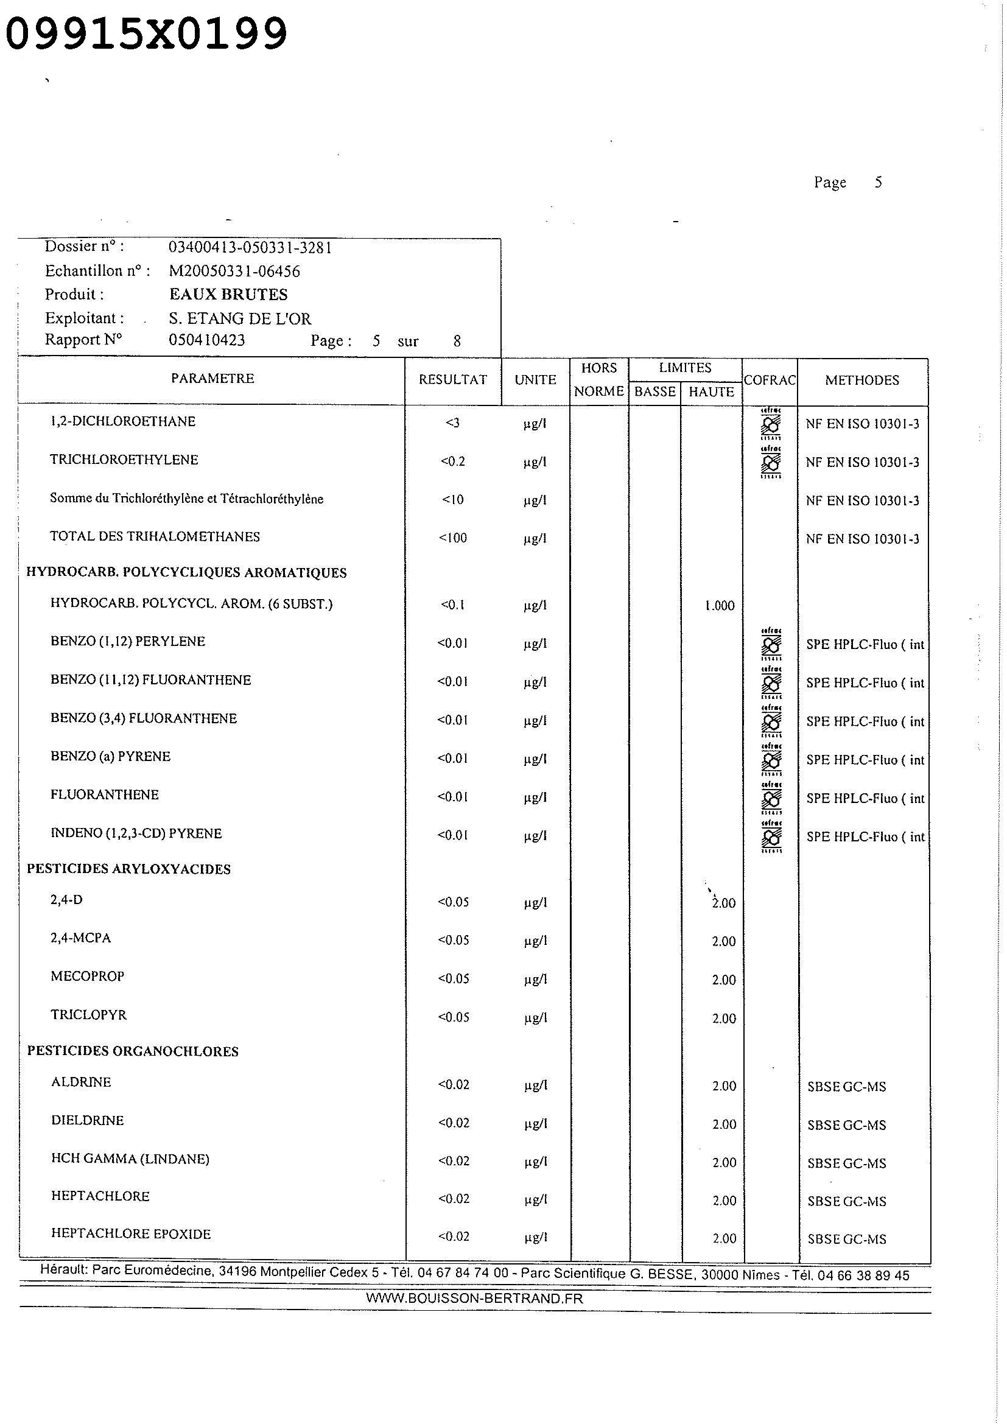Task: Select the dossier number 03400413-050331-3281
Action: (x=250, y=247)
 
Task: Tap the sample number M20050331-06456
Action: (x=234, y=271)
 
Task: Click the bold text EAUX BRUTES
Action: (x=228, y=294)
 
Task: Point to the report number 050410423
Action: (x=206, y=340)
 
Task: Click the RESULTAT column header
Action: (x=452, y=379)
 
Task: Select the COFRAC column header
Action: (x=769, y=380)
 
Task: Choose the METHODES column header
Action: (x=861, y=380)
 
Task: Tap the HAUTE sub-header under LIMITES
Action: (x=711, y=392)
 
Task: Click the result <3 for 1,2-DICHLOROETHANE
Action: (x=452, y=423)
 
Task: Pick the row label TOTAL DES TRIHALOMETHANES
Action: (x=155, y=536)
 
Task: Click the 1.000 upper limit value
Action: (x=719, y=605)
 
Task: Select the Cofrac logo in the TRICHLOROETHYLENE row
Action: (x=771, y=462)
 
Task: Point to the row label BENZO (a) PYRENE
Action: (x=110, y=756)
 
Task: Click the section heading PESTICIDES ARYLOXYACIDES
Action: (x=128, y=869)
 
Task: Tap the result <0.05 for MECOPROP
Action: (x=454, y=979)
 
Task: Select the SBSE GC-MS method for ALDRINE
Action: (x=846, y=1087)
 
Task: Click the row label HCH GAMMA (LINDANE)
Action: (x=130, y=1159)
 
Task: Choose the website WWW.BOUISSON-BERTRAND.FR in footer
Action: (x=474, y=1298)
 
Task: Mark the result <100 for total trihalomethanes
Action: (x=452, y=538)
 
